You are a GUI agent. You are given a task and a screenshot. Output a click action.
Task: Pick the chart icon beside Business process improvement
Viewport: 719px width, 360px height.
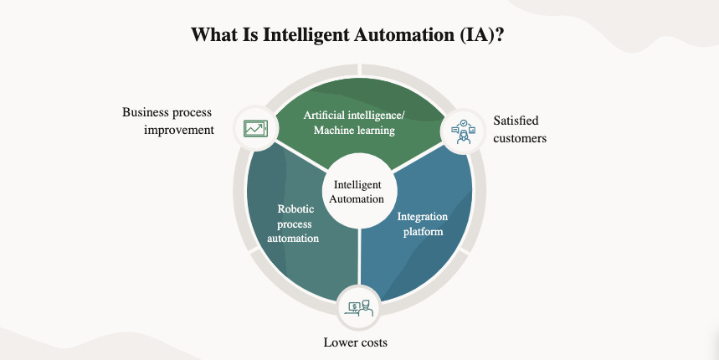coord(254,128)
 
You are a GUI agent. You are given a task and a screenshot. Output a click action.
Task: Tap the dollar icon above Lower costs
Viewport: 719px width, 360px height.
coord(359,308)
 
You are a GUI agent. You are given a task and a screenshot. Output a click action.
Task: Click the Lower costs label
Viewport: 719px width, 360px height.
coord(356,342)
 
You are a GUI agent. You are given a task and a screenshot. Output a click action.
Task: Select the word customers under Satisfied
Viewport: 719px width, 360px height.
coord(520,138)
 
